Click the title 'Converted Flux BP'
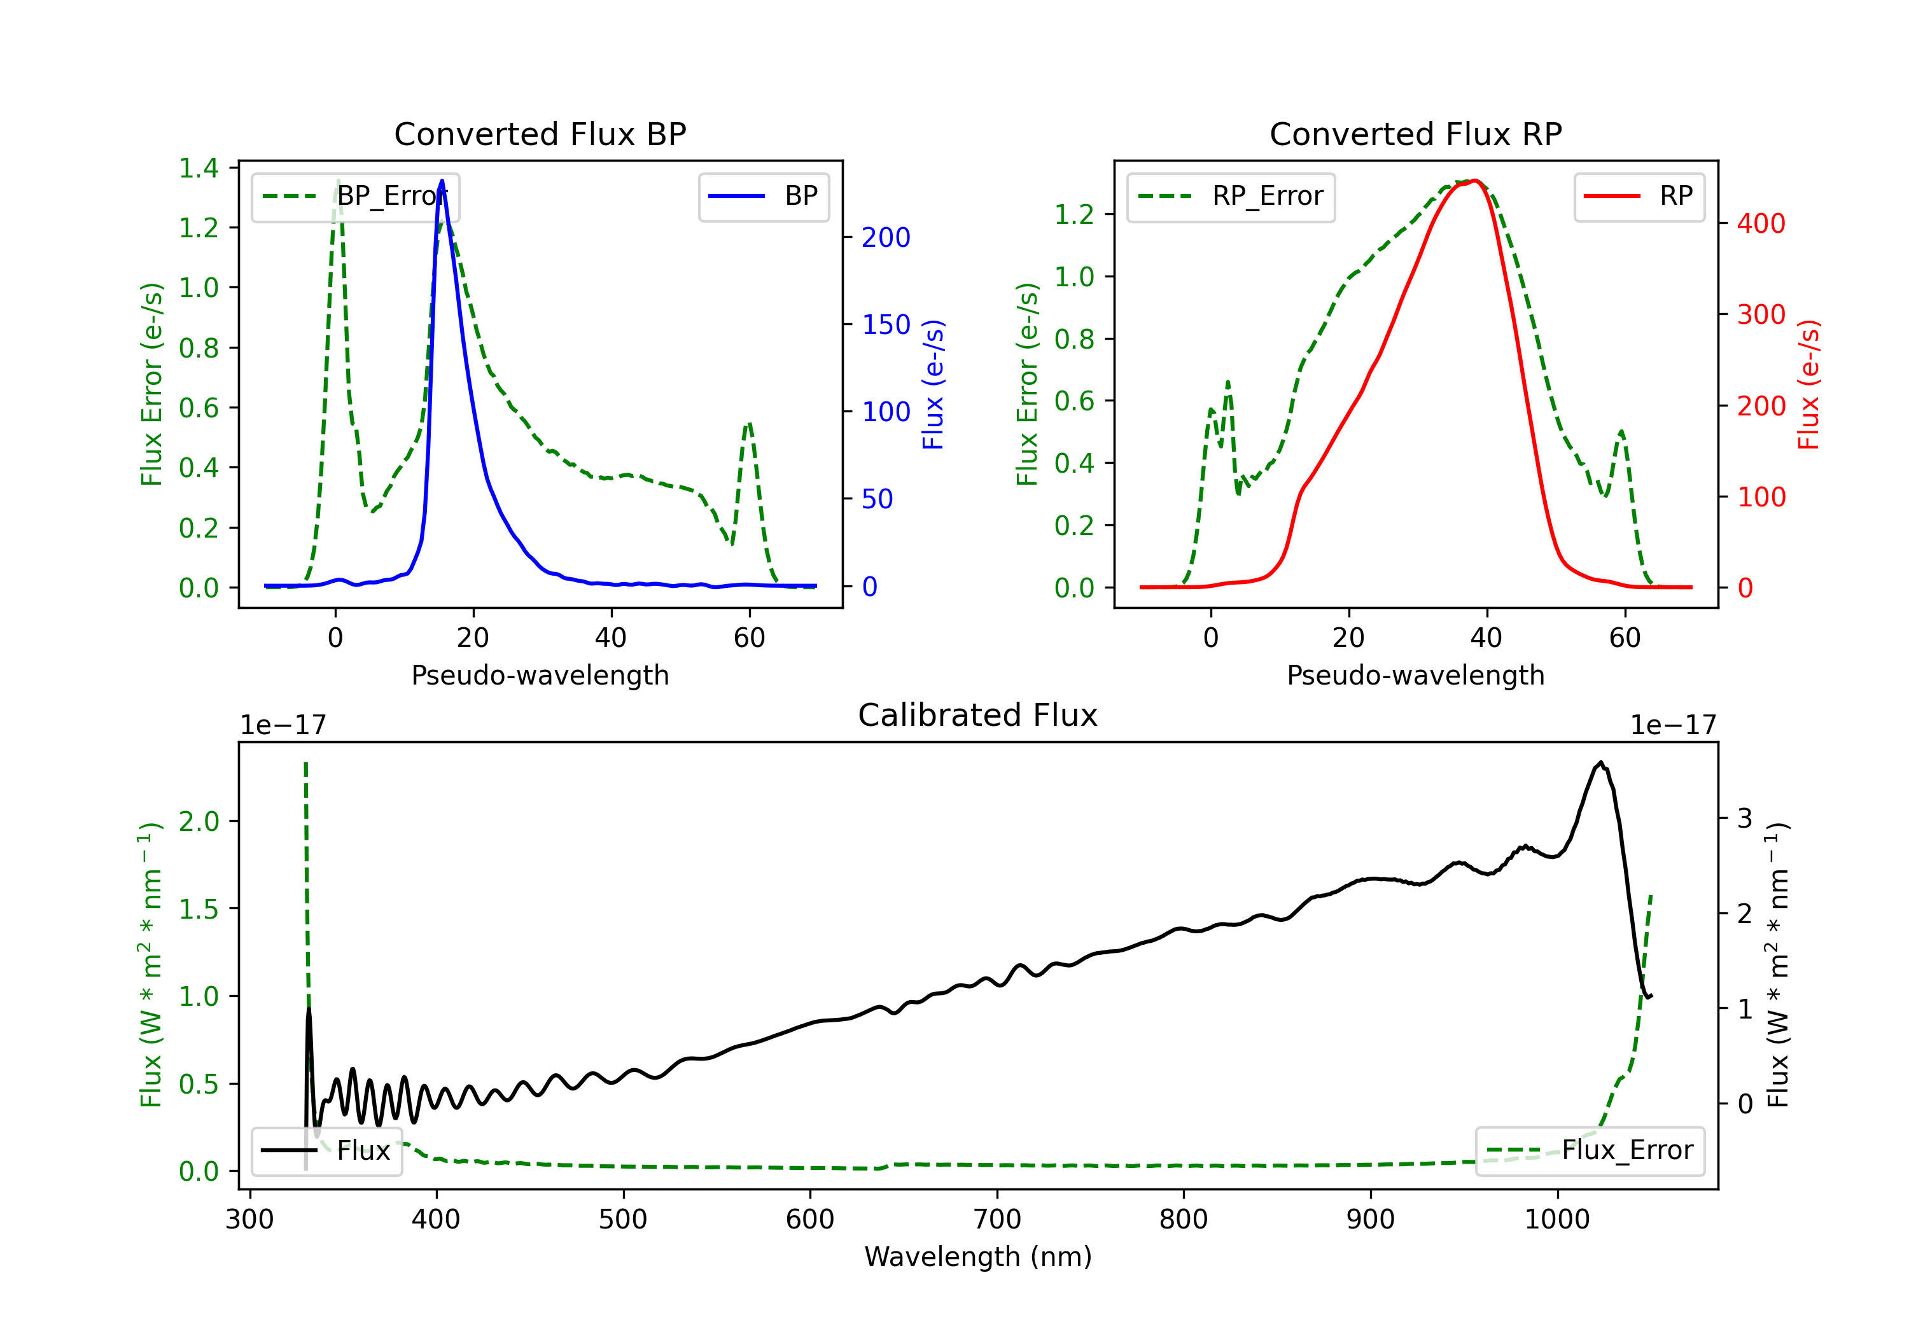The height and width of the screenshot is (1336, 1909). [x=540, y=134]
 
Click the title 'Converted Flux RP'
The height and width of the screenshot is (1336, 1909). [x=1415, y=134]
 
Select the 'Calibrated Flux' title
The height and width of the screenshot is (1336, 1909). [x=978, y=715]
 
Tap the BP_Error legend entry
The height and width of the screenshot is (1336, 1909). [x=355, y=196]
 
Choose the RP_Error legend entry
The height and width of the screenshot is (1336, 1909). [x=1231, y=196]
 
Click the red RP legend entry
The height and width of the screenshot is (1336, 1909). [x=1639, y=196]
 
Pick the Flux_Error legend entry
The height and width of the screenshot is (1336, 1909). [x=1590, y=1151]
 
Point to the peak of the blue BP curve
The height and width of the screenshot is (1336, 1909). [x=442, y=181]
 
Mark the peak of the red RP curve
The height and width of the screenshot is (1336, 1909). [x=1475, y=181]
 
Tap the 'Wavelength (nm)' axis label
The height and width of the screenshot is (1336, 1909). [x=978, y=1256]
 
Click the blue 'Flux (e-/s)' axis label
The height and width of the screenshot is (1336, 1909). [x=934, y=384]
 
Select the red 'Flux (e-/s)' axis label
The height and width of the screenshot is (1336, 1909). [x=1809, y=384]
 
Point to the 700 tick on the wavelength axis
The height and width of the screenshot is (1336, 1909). [x=997, y=1219]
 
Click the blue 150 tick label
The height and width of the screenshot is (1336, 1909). [x=886, y=324]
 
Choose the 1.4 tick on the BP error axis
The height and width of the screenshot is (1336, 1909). [x=199, y=168]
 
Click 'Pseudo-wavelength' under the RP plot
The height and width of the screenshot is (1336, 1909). [x=1415, y=675]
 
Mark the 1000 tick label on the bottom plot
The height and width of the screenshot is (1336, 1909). [x=1556, y=1219]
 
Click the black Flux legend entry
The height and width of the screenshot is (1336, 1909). [x=326, y=1151]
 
